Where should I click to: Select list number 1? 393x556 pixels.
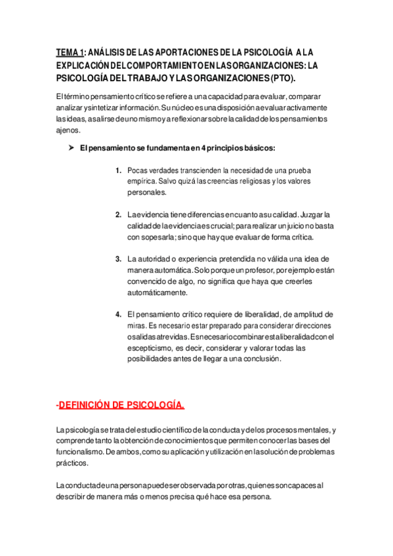118,170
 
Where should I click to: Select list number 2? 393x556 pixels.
118,214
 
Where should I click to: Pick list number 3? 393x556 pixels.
118,259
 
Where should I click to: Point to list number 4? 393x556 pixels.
118,314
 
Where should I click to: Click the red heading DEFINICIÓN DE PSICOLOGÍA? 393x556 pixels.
122,406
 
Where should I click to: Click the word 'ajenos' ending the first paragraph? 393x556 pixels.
67,130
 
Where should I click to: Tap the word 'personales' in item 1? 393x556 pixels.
148,193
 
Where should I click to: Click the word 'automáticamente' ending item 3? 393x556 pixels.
157,292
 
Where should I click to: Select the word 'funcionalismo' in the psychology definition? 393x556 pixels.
83,452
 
